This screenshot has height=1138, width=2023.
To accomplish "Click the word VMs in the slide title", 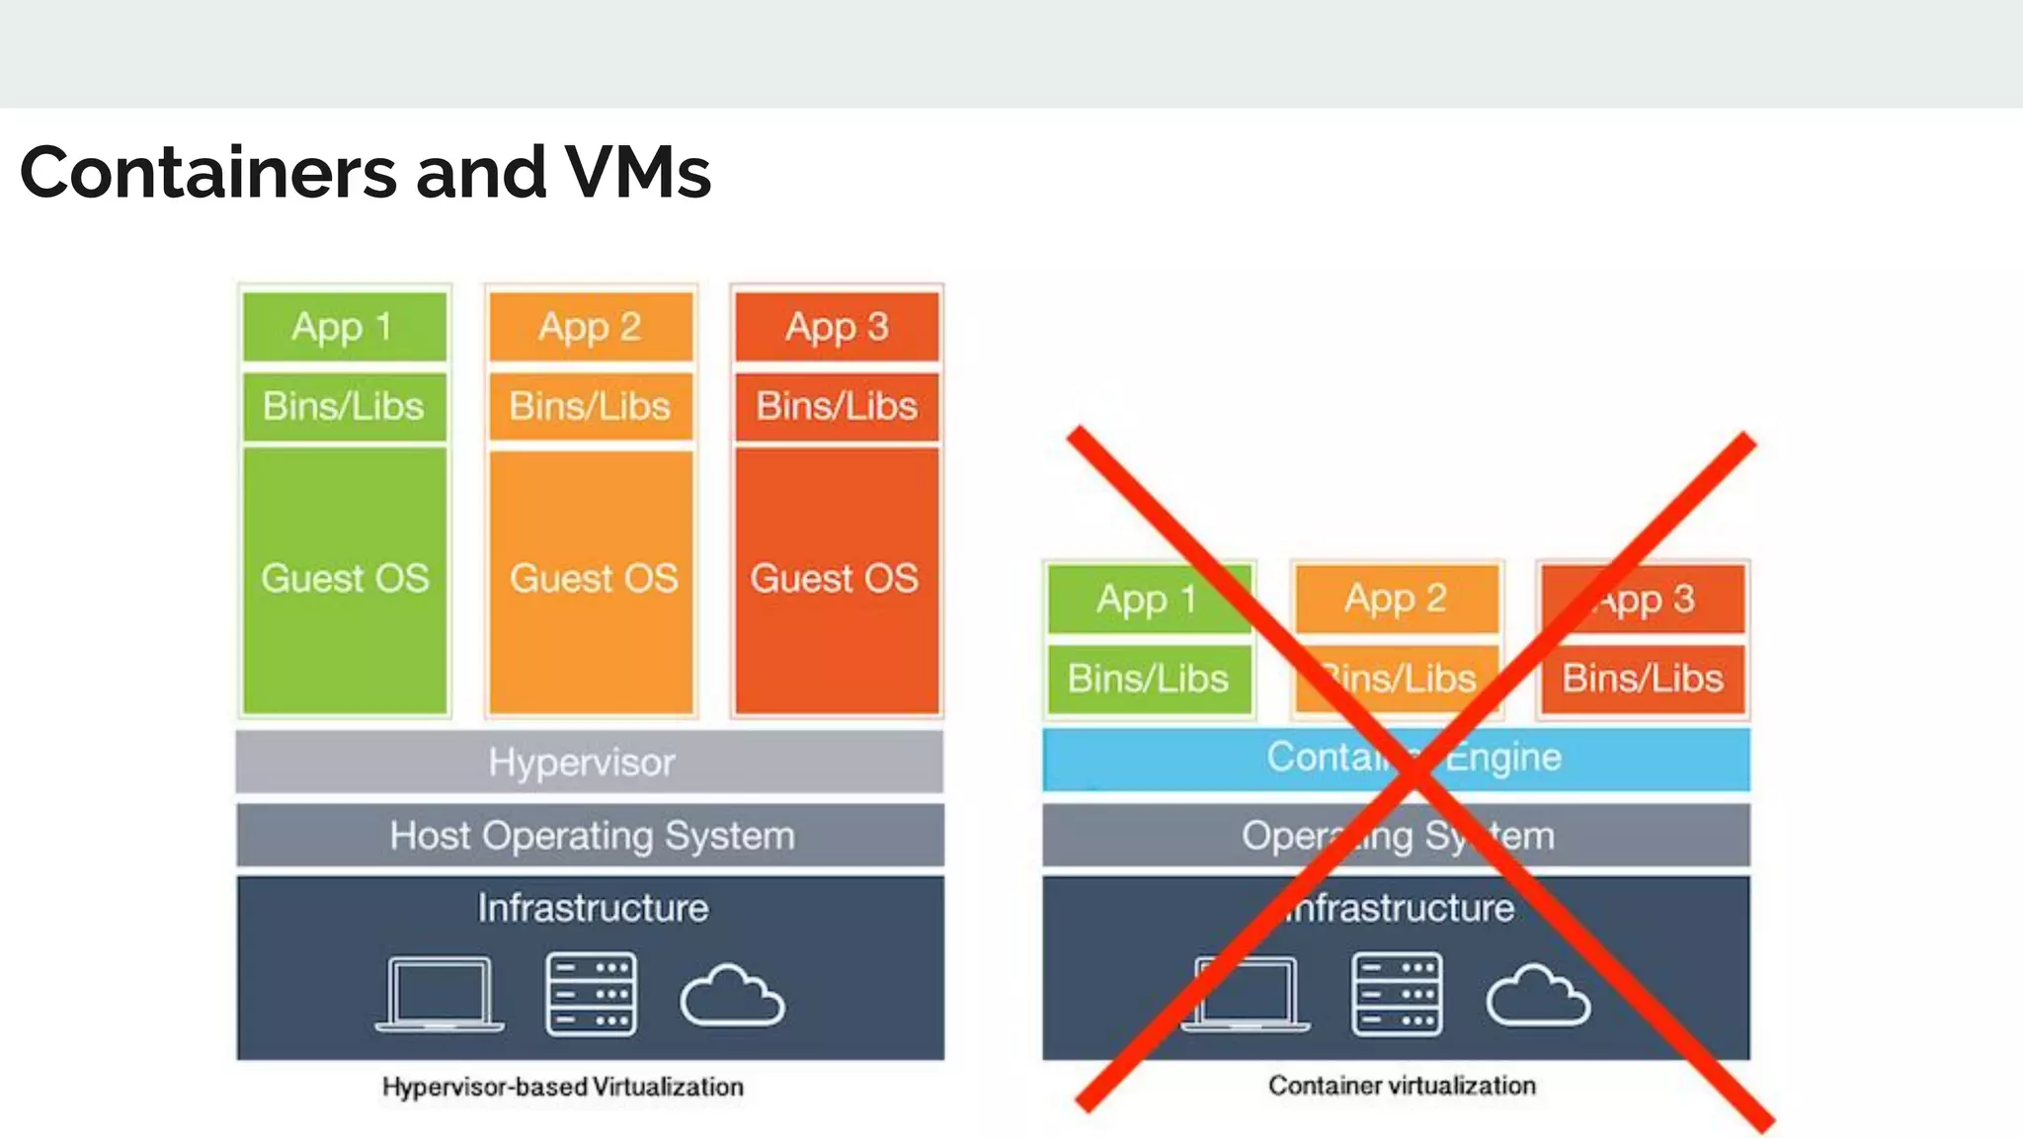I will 637,173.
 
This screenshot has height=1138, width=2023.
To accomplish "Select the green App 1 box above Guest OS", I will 344,327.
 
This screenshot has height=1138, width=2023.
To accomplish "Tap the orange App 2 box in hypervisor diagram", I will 591,327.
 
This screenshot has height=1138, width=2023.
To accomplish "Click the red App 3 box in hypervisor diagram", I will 837,327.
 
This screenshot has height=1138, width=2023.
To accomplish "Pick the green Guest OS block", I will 345,579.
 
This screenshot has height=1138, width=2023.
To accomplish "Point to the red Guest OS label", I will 835,579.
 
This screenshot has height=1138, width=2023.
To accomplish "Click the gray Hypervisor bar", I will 590,762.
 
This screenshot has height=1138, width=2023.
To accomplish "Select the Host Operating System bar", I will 590,836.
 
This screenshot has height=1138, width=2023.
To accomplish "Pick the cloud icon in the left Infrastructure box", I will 732,996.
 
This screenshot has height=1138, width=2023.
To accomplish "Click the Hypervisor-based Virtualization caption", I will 563,1087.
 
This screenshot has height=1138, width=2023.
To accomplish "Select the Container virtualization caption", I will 1402,1086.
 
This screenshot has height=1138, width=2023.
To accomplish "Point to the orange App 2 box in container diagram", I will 1396,599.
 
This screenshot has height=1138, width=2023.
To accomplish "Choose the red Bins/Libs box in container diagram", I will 1643,679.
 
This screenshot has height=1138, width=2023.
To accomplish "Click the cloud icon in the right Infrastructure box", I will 1538,996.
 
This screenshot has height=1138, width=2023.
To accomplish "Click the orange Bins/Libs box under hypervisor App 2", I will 591,406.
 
